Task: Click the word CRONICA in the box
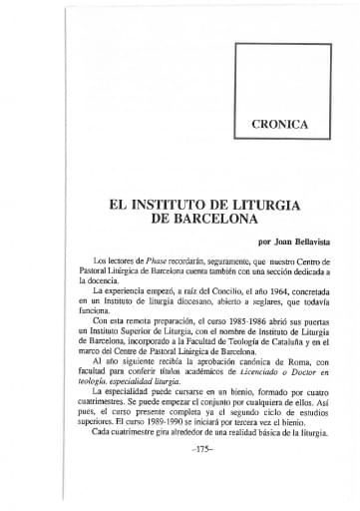coord(279,125)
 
